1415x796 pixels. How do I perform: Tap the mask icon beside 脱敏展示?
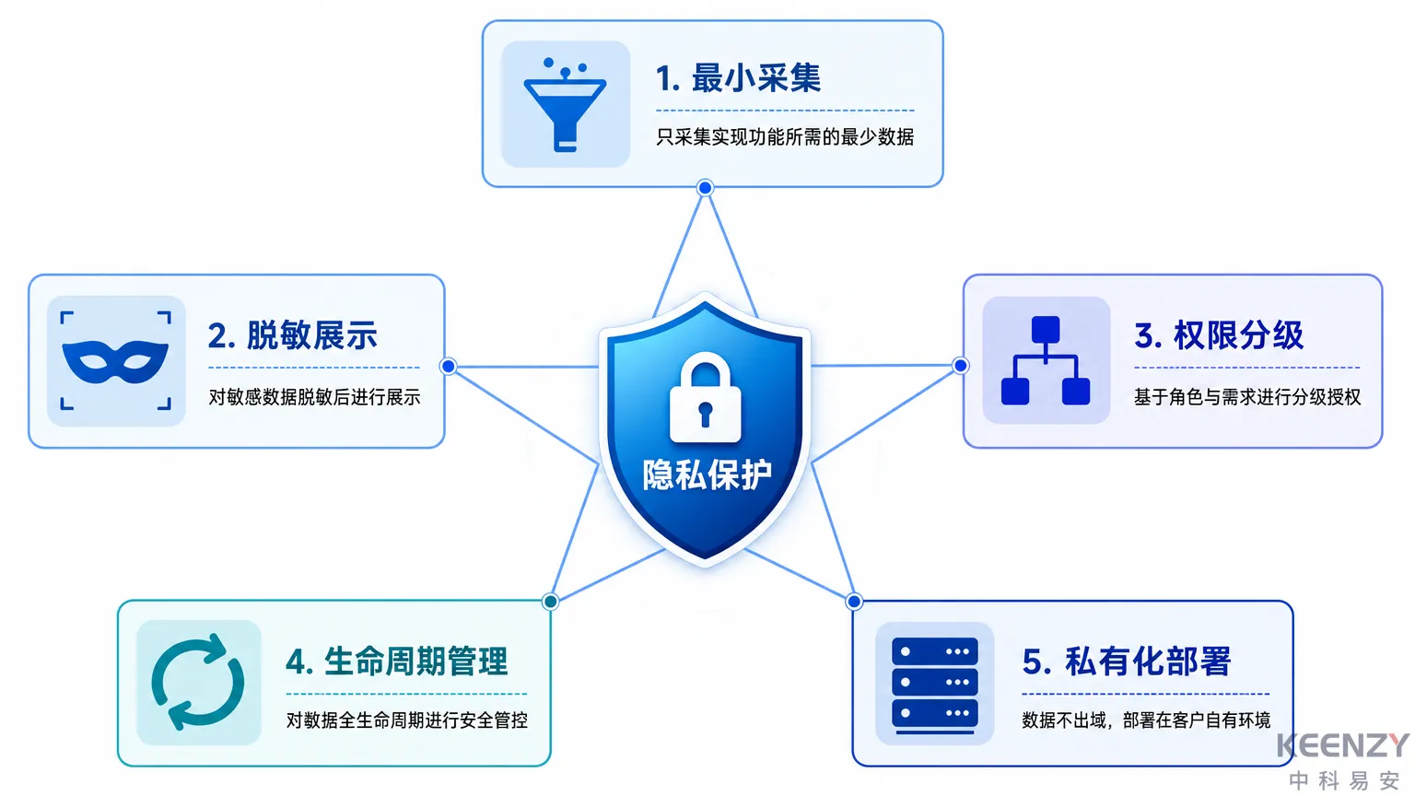click(115, 361)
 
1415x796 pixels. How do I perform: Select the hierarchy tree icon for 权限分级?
click(1046, 360)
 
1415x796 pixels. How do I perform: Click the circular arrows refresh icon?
click(198, 682)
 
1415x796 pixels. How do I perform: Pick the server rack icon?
click(935, 685)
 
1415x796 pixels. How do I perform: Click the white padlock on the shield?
click(705, 398)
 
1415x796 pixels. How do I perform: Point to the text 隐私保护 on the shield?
click(707, 474)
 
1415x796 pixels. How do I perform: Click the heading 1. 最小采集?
click(738, 78)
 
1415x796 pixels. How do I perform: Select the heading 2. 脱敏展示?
click(292, 334)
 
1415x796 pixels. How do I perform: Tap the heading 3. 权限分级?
click(1219, 334)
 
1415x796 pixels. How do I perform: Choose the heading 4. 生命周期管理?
click(397, 661)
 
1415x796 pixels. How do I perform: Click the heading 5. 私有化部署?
click(1127, 661)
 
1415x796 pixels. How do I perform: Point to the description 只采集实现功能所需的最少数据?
click(785, 137)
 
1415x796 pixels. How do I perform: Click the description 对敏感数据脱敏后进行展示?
click(314, 397)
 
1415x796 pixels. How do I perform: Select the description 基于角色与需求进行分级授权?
click(1247, 397)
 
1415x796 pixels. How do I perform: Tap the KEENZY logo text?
click(1343, 745)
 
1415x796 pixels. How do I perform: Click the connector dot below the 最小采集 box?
click(705, 188)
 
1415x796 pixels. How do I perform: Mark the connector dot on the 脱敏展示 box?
click(448, 366)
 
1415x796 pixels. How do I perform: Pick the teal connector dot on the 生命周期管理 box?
click(550, 602)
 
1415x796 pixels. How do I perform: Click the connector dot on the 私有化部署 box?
click(853, 602)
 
